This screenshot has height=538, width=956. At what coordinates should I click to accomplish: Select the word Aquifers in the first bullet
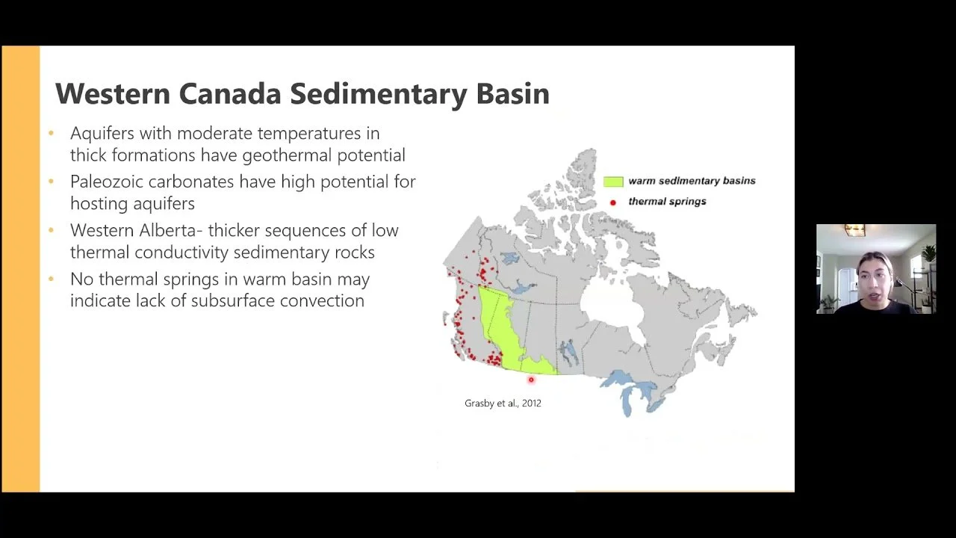pyautogui.click(x=100, y=134)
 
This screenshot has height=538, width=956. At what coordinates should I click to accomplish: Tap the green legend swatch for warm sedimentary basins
pyautogui.click(x=613, y=182)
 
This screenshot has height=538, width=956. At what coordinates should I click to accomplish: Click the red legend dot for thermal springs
pyautogui.click(x=613, y=202)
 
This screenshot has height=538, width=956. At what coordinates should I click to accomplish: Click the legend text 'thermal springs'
pyautogui.click(x=667, y=202)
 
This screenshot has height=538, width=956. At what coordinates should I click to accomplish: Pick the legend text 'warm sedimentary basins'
pyautogui.click(x=692, y=181)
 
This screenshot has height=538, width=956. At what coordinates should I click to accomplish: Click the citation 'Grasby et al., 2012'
pyautogui.click(x=503, y=403)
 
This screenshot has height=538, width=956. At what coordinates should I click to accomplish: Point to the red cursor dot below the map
pyautogui.click(x=531, y=380)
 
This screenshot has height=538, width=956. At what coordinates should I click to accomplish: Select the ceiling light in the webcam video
pyautogui.click(x=855, y=230)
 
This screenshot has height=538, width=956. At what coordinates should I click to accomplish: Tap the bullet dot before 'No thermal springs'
pyautogui.click(x=52, y=279)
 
